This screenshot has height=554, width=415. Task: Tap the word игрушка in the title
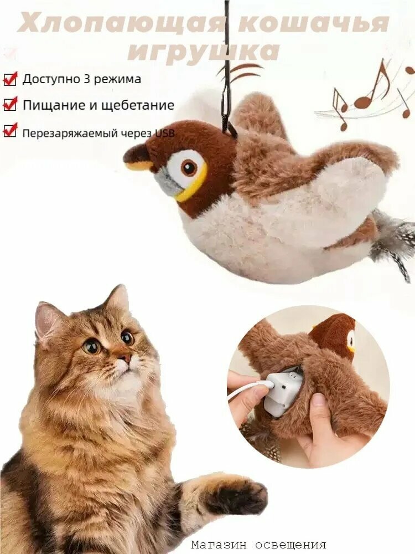[x=203, y=52]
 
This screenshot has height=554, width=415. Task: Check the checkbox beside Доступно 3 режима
[x=10, y=79]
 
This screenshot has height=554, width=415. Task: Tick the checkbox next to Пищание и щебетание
[x=10, y=105]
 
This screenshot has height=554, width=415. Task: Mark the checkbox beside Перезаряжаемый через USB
[x=10, y=131]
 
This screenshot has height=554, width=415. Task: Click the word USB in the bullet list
[x=164, y=132]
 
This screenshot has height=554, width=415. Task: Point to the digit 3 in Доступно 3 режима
[x=87, y=79]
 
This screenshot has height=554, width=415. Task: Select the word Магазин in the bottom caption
[x=215, y=545]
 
